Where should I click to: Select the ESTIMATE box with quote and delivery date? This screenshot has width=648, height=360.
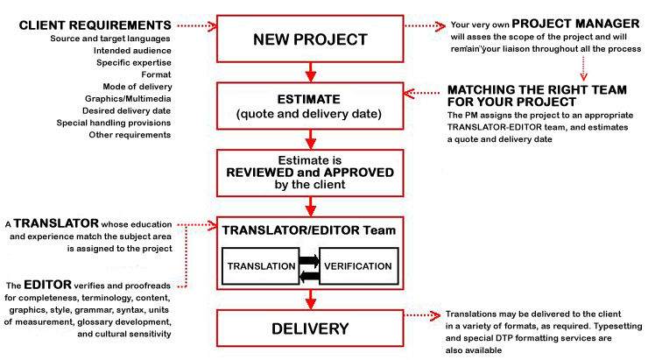click(310, 105)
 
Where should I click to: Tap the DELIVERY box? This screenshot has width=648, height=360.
click(310, 330)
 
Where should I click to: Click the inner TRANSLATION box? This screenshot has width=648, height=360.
click(259, 265)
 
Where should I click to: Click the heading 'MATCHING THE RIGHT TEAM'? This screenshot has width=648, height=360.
click(536, 90)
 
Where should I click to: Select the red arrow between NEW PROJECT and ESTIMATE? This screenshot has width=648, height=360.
click(310, 69)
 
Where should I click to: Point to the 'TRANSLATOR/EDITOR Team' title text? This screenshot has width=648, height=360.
click(310, 231)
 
